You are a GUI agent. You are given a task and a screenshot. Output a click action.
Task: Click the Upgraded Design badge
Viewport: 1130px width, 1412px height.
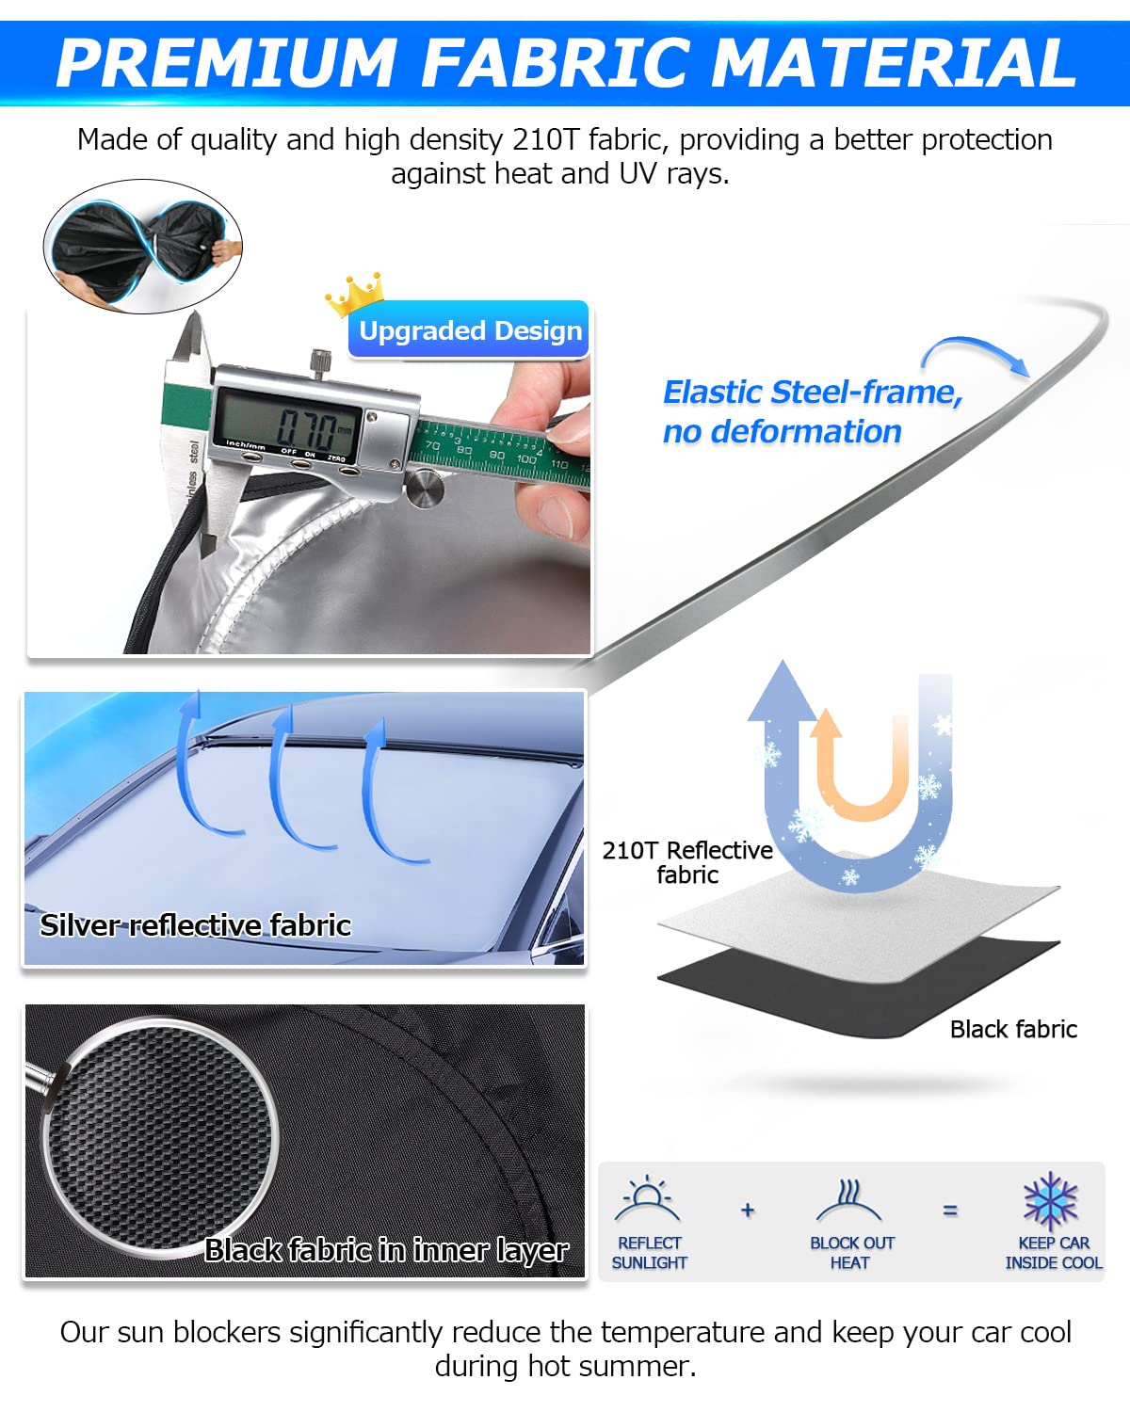(x=469, y=330)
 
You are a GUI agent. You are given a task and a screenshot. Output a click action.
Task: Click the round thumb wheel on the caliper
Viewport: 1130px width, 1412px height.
(x=425, y=489)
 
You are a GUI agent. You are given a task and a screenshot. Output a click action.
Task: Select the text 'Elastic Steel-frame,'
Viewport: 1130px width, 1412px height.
(x=813, y=393)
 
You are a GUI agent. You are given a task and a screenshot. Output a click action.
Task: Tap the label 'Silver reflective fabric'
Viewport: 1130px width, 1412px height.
(x=196, y=925)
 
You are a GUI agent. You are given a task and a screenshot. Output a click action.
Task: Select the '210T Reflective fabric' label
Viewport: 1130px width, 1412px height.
(x=687, y=862)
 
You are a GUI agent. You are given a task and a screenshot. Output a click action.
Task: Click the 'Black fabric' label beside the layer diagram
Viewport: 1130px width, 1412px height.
(x=1013, y=1029)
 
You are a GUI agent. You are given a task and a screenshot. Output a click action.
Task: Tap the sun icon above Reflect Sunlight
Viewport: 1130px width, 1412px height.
(x=648, y=1198)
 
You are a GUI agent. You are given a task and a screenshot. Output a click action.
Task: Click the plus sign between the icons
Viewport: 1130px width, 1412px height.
(x=747, y=1210)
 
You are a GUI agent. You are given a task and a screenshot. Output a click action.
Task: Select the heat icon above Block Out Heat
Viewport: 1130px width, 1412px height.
(x=848, y=1200)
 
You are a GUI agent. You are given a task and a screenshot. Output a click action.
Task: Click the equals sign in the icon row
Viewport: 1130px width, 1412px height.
(x=949, y=1210)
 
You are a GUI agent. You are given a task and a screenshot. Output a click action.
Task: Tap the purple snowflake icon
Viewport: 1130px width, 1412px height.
(x=1051, y=1201)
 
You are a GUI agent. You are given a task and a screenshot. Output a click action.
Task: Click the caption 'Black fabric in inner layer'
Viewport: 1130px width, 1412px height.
(x=386, y=1250)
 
